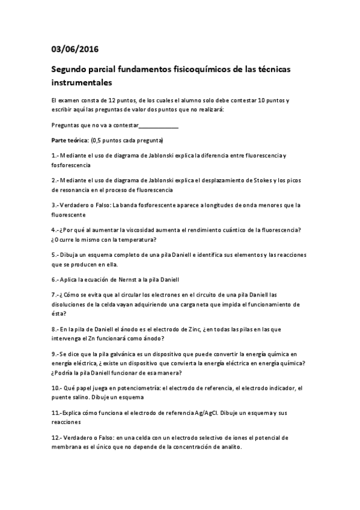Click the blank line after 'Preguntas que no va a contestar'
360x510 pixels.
159,125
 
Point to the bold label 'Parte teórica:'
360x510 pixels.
69,140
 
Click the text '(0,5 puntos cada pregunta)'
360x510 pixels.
126,140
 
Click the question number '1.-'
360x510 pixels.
55,156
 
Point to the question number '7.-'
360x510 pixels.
55,295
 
